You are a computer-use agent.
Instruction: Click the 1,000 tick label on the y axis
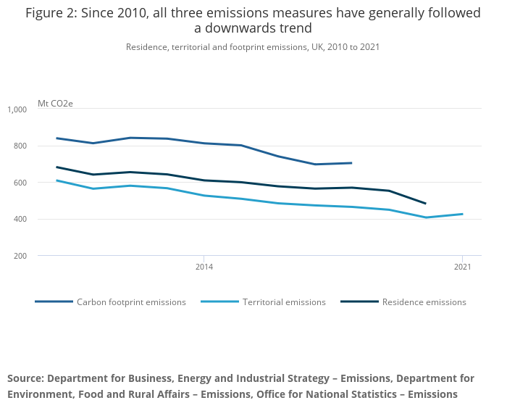tap(17, 109)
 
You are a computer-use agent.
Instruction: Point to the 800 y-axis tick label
tap(20, 146)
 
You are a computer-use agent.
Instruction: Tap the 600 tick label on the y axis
tap(20, 183)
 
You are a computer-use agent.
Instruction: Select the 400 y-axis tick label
tap(20, 220)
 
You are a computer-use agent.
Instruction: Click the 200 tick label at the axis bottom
tap(20, 256)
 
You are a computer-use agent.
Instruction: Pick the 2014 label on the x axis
tap(204, 267)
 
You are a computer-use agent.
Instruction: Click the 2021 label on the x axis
tap(462, 267)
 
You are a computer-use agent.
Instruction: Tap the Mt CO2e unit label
tap(55, 104)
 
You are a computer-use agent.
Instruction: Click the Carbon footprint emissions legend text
tap(131, 302)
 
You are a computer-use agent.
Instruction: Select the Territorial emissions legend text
tap(284, 302)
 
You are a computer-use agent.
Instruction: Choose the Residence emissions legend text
tap(424, 302)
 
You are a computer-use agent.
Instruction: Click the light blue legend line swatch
tap(219, 301)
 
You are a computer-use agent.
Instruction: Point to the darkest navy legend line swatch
tap(359, 301)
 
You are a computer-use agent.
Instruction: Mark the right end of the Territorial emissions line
tap(462, 214)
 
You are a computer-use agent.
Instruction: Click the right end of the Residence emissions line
tap(425, 204)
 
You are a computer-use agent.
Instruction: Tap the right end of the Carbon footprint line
tap(351, 163)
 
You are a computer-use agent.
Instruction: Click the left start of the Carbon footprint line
tap(56, 138)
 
